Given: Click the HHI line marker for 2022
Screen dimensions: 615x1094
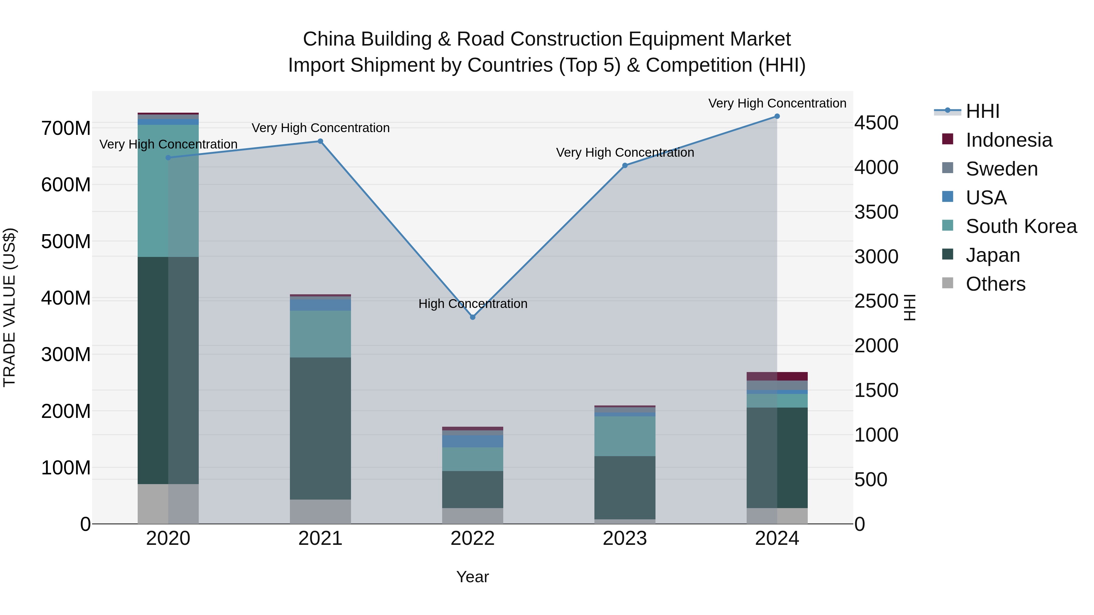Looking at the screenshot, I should click(x=473, y=317).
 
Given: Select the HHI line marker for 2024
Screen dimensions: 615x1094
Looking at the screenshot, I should click(x=777, y=116).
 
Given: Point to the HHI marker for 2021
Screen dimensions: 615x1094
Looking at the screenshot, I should click(x=320, y=141).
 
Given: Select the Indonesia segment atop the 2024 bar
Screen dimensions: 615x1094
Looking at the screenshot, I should click(x=777, y=377).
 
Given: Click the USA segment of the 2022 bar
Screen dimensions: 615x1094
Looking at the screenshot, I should click(x=473, y=441).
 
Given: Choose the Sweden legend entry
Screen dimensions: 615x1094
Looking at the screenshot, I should click(x=1001, y=169).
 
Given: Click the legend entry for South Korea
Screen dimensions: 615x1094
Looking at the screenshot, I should click(x=1021, y=226).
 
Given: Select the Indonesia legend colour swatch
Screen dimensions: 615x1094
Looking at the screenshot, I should click(x=948, y=139).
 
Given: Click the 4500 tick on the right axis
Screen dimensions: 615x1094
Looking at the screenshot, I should click(x=876, y=123).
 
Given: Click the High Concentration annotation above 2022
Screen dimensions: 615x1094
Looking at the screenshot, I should click(x=473, y=304).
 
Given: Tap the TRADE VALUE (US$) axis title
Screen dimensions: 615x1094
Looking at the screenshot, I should click(x=10, y=307).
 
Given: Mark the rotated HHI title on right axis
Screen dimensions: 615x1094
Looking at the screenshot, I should click(x=909, y=307).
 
